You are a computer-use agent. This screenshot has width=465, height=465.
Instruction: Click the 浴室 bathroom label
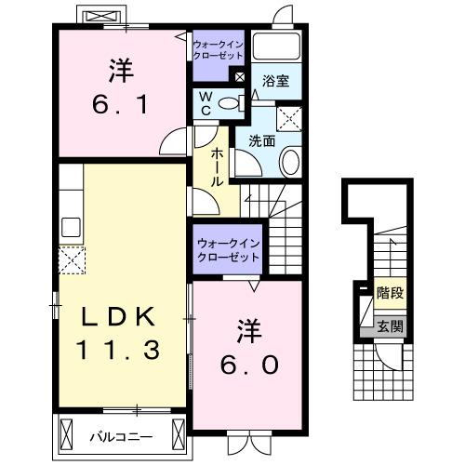(274, 82)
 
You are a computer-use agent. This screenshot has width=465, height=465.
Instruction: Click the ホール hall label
(217, 167)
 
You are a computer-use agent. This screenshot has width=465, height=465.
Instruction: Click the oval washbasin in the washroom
(289, 165)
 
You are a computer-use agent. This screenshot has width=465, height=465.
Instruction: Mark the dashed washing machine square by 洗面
(290, 118)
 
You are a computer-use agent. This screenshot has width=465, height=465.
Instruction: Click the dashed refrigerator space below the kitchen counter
(72, 260)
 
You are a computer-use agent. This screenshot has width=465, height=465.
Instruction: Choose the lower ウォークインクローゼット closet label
(229, 249)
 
